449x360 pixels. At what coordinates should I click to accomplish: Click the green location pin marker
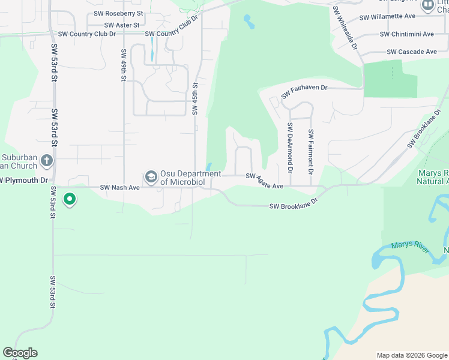coord(70,199)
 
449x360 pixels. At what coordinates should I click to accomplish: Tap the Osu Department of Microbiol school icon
coord(151,176)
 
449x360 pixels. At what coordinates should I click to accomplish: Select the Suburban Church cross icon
coord(47,161)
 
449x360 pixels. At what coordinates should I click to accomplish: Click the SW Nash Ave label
coord(119,187)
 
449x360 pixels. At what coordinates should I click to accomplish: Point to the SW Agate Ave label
coord(264,181)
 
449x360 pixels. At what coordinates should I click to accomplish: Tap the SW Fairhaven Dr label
coord(304,91)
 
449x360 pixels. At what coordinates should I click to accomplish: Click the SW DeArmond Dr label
coord(290,148)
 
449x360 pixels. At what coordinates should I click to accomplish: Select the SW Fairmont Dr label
coord(311,152)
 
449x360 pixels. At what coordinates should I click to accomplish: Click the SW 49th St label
coord(123,65)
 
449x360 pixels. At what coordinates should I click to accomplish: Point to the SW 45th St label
coord(195,100)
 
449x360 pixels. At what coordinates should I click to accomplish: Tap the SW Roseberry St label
coord(119,13)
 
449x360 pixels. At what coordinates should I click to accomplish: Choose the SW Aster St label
coord(121,25)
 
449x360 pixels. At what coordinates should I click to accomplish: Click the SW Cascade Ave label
coord(412,52)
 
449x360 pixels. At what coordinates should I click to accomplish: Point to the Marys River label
coord(410,247)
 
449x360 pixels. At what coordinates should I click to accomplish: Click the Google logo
coord(20,353)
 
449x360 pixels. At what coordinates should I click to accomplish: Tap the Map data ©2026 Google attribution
coord(411,355)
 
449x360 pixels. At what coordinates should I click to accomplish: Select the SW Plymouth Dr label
coord(24,180)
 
